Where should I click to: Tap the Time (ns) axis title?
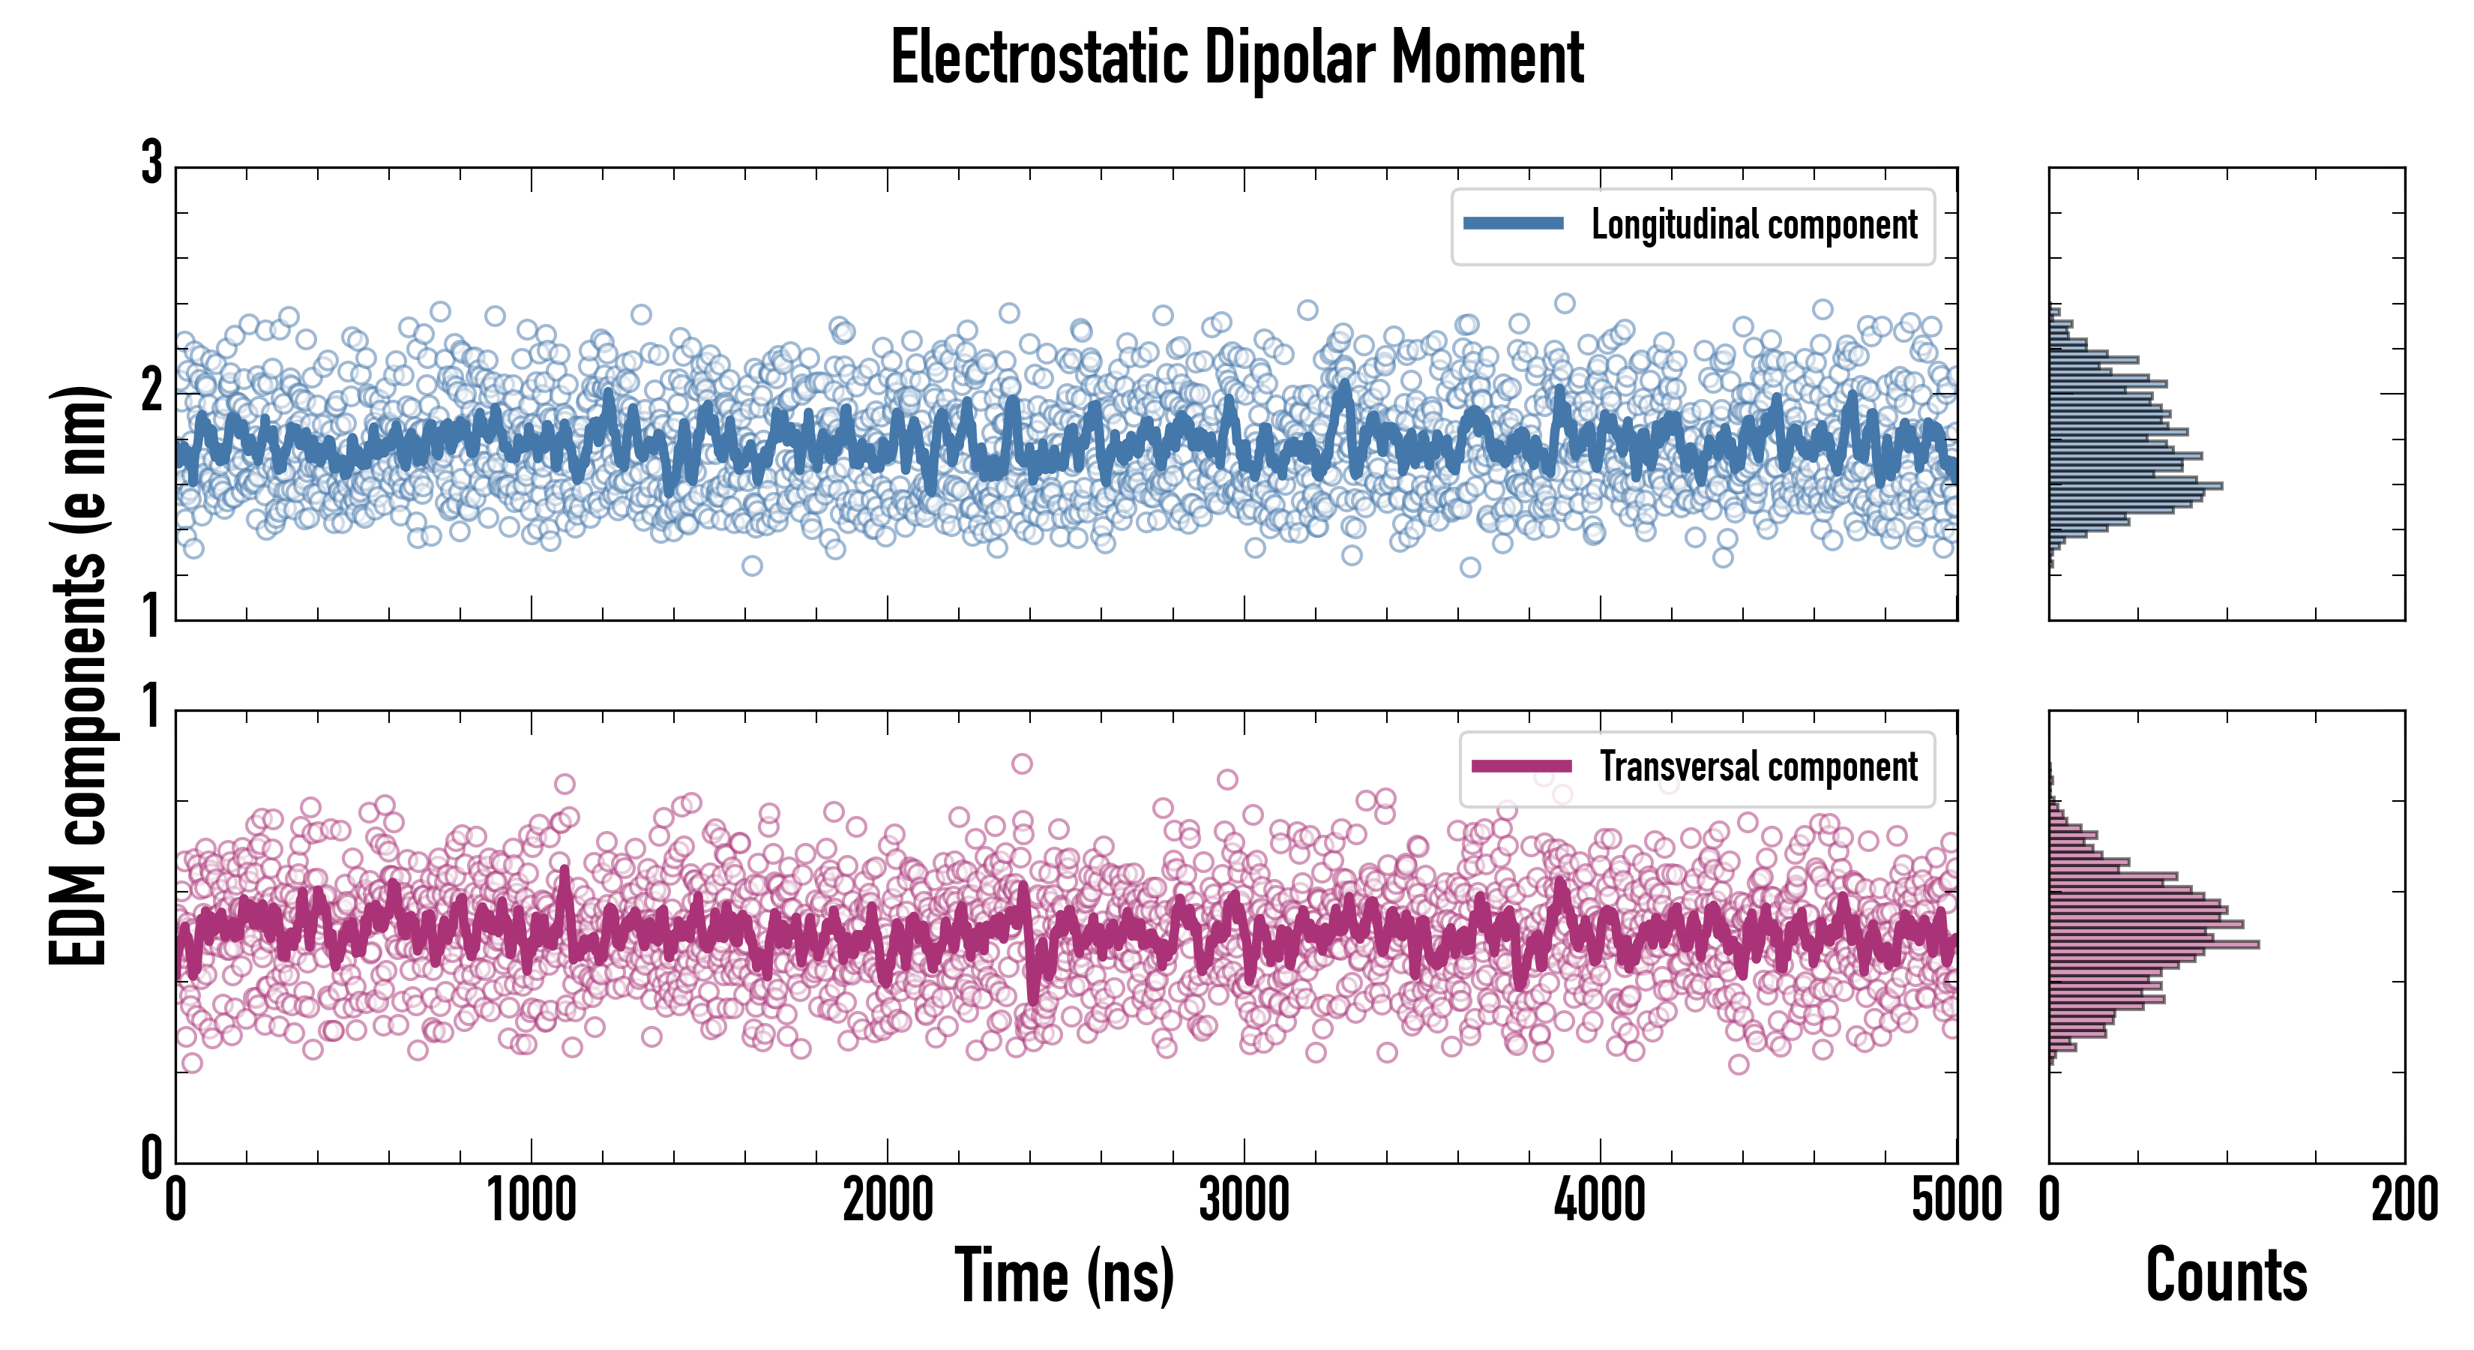point(1064,1275)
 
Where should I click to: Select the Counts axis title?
point(2226,1275)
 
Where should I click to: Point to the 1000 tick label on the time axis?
point(531,1200)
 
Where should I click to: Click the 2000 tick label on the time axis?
point(888,1200)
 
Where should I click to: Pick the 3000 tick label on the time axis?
point(1244,1200)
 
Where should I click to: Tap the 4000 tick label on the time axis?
point(1600,1200)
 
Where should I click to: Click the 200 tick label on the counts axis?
point(2404,1200)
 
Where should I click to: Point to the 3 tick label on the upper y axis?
point(151,163)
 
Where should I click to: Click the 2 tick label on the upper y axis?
point(151,390)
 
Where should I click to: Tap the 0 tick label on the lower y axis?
point(151,1158)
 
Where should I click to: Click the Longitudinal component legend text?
point(1754,225)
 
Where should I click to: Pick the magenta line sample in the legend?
point(1521,766)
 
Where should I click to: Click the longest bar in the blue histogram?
point(2135,485)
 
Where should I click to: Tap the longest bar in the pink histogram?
point(2153,944)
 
